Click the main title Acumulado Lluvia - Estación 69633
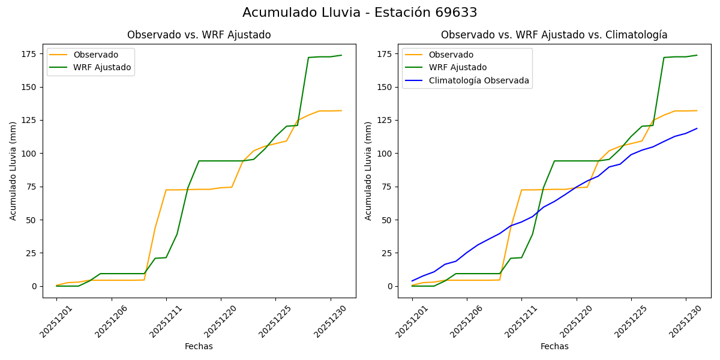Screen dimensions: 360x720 click(x=360, y=13)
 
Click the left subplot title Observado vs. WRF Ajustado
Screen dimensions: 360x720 click(x=199, y=35)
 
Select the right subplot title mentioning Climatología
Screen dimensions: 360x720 click(x=554, y=35)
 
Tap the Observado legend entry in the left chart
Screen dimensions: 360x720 click(x=95, y=55)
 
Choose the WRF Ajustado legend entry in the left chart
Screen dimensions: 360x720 click(x=102, y=67)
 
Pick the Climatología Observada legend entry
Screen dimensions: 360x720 click(x=479, y=80)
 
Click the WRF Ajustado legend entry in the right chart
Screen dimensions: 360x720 click(x=457, y=67)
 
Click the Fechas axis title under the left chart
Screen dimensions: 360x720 click(x=199, y=346)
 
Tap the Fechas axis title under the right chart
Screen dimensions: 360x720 click(x=554, y=346)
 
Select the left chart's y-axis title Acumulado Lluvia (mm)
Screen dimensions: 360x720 click(x=13, y=170)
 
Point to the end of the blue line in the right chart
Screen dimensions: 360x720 click(x=697, y=128)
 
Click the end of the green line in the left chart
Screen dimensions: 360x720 click(x=341, y=55)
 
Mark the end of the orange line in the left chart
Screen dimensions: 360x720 click(x=341, y=110)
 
